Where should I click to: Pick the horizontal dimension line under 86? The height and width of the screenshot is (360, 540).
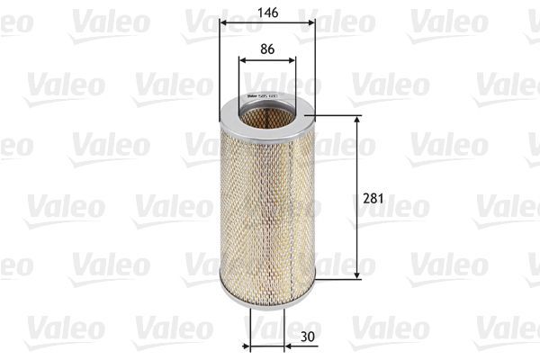tap(267, 61)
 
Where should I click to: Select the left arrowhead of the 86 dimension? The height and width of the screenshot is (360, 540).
tap(242, 61)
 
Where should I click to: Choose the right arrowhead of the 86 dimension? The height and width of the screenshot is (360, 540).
tap(292, 61)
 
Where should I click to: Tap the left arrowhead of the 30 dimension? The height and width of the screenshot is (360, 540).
tap(254, 345)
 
